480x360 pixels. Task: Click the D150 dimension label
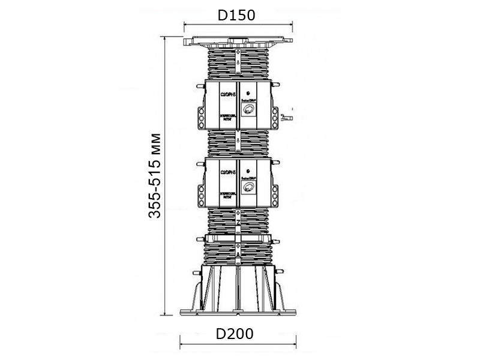[x=236, y=15]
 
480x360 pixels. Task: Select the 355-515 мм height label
[x=155, y=174]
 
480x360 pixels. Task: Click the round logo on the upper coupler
[x=248, y=110]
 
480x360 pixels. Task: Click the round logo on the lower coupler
[x=248, y=187]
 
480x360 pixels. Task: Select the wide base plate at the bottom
[x=239, y=312]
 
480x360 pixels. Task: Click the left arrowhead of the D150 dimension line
[x=183, y=25]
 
